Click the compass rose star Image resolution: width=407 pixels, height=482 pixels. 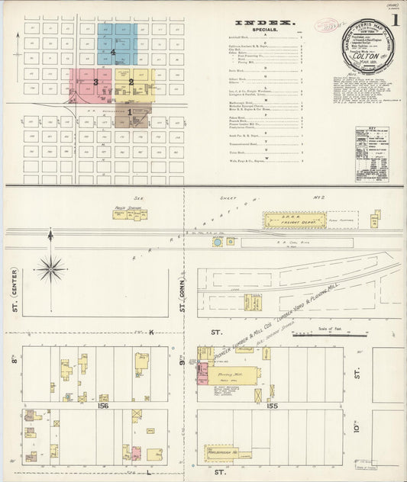[x=50, y=268]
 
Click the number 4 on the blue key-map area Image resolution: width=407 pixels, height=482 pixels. [x=113, y=52]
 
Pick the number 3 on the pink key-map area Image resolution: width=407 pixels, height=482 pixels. [x=95, y=81]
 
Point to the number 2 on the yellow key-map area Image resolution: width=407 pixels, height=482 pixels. [x=131, y=82]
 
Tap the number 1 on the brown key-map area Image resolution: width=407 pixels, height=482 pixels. [x=130, y=112]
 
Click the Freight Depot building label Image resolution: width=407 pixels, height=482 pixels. [x=287, y=223]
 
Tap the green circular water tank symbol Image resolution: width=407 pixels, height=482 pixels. [x=218, y=242]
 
